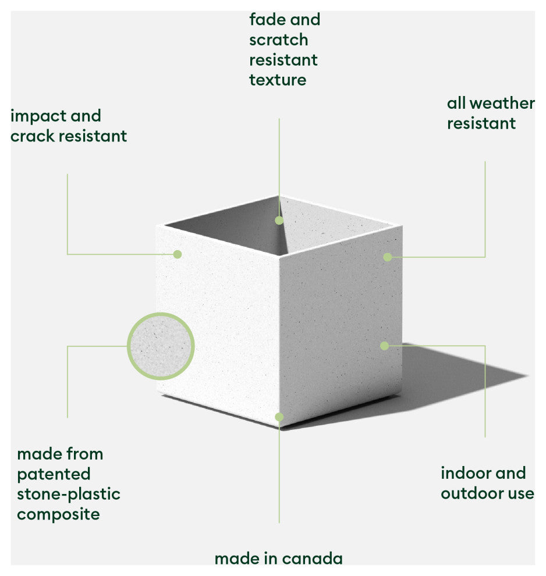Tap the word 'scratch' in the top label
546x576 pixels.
278,40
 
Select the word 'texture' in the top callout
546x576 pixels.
278,80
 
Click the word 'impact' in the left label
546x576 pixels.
38,117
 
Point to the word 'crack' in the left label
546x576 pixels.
33,136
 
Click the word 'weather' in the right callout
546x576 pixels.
502,103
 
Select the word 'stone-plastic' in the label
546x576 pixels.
69,495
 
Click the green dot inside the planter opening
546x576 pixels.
279,221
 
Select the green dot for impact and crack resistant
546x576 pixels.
178,254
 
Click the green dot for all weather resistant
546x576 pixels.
388,257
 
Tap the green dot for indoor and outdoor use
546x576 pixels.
385,346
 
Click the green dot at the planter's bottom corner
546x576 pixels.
279,417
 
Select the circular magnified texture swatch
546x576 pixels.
161,346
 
